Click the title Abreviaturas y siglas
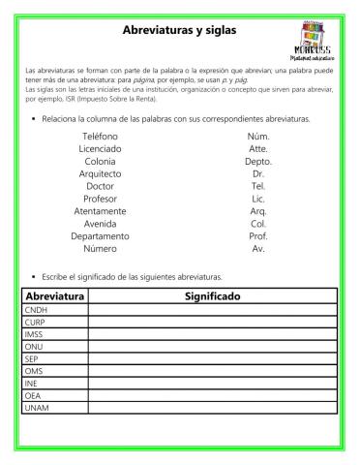click(179, 30)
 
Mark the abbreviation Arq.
click(258, 210)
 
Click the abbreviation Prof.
click(258, 235)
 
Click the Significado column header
click(212, 295)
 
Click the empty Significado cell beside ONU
click(212, 346)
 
